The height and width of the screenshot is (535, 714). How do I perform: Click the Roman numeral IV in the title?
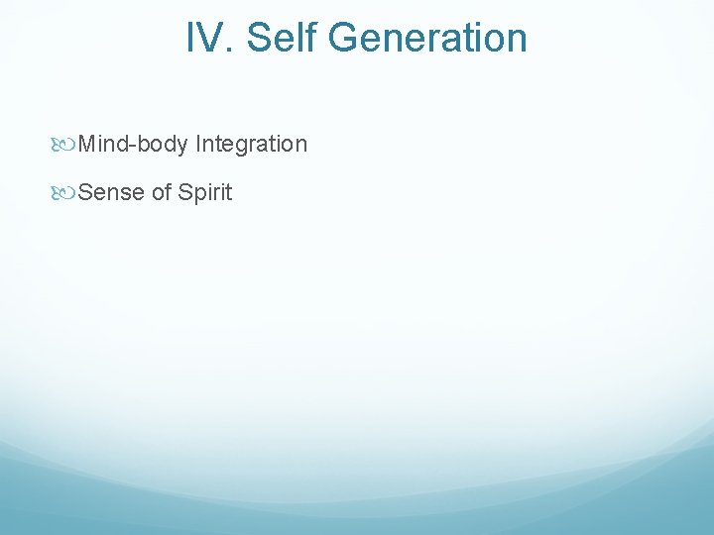pos(207,39)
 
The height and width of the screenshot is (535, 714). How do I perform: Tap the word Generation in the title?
pos(427,39)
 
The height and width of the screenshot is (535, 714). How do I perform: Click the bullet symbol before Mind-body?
pos(66,145)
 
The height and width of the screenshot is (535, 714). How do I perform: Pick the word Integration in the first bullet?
pos(252,145)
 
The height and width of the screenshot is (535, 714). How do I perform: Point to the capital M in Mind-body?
pos(86,145)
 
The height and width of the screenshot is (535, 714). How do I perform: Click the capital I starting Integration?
pos(198,145)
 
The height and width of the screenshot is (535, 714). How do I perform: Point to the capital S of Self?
pos(258,39)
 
